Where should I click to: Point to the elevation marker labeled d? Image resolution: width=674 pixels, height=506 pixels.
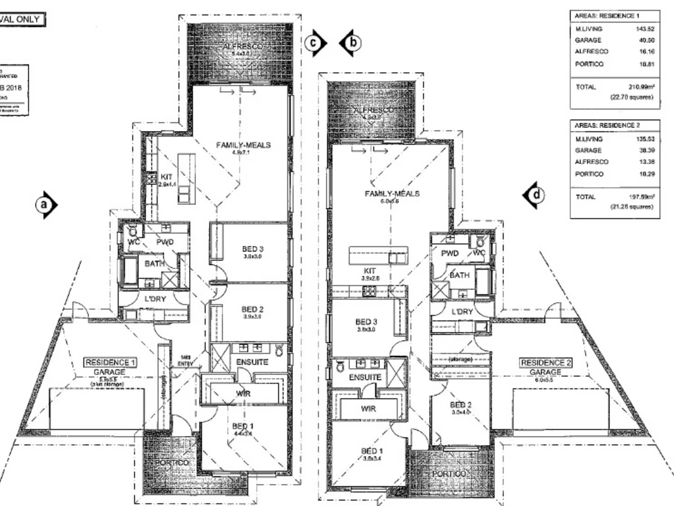tap(536, 195)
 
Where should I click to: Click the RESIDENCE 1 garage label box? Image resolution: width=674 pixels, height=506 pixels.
tap(110, 362)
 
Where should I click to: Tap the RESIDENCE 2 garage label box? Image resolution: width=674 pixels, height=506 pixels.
tap(545, 363)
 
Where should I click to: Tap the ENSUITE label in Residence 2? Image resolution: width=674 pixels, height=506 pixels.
tap(365, 377)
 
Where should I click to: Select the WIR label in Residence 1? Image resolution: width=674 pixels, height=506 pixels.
tap(244, 394)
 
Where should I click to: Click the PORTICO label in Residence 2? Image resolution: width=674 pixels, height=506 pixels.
tap(448, 474)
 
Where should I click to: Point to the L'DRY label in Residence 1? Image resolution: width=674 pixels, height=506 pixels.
tap(155, 299)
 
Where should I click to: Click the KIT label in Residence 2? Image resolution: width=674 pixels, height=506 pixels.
tap(370, 270)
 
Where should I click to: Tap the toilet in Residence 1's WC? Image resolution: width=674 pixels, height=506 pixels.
tap(133, 231)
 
